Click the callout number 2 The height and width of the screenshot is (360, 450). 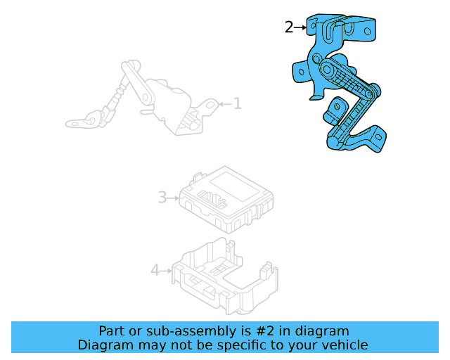[x=289, y=27]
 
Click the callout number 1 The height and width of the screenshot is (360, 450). [x=237, y=104]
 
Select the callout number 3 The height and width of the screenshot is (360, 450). [x=162, y=198]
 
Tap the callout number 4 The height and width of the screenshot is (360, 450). [x=155, y=270]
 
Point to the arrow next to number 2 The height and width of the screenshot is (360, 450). [x=301, y=27]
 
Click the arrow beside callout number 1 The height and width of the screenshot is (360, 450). [x=224, y=104]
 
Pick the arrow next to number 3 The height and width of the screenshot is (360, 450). [x=174, y=198]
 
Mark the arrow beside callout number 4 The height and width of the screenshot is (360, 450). [x=167, y=270]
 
